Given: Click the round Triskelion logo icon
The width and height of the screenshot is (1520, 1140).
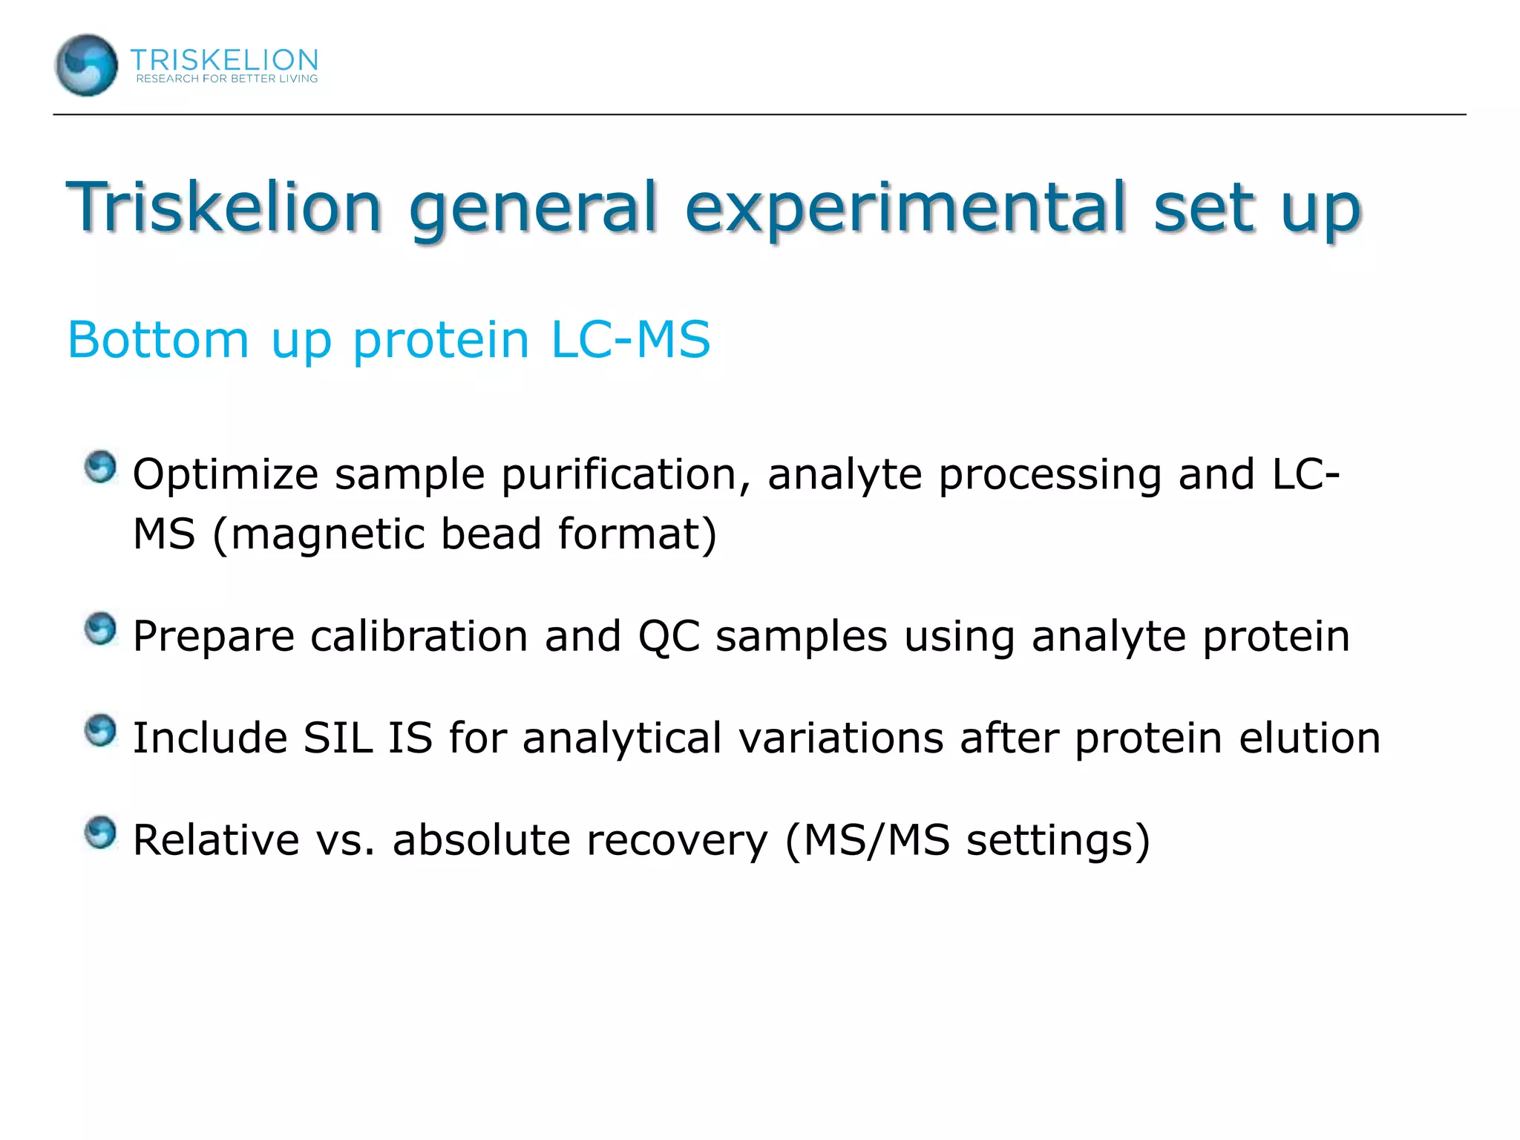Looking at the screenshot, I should click(x=86, y=65).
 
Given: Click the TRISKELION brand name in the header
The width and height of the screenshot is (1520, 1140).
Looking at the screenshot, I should click(x=224, y=59).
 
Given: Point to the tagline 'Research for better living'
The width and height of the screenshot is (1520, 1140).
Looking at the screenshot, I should click(x=227, y=79).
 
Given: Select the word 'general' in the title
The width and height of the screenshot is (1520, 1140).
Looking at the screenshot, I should click(x=533, y=209).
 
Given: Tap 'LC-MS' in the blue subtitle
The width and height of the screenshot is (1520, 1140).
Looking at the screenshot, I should click(x=630, y=340).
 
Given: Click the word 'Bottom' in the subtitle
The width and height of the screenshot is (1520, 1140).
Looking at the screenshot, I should click(x=158, y=340).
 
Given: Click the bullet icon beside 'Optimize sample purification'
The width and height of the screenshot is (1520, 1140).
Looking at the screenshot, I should click(x=100, y=468).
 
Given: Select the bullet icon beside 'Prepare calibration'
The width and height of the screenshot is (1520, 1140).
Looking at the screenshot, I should click(x=100, y=629).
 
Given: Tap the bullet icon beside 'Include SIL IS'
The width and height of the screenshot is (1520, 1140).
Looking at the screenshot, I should click(x=100, y=731).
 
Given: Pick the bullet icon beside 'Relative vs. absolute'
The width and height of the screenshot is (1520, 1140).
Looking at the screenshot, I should click(x=100, y=833).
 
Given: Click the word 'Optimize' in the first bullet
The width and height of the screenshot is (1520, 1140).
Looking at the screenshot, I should click(x=225, y=475).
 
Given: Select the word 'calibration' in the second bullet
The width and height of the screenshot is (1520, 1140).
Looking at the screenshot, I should click(x=419, y=637).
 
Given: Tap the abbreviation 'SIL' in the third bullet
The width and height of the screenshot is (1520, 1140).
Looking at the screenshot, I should click(x=338, y=738).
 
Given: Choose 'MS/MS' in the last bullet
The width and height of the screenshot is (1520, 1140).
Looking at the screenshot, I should click(x=877, y=840).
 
